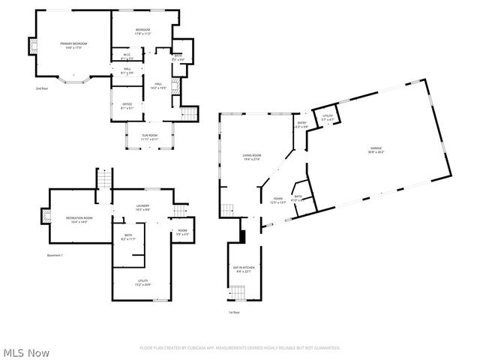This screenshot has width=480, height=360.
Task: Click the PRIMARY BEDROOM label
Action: coord(73,45)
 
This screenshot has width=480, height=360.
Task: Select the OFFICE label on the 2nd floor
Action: coord(127,106)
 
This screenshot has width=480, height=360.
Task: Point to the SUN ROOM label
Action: coord(150,138)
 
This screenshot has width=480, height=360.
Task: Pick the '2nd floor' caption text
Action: coord(41,88)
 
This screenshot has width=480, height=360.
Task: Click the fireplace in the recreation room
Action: coord(46,218)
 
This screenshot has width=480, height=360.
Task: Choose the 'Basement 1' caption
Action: coord(54,256)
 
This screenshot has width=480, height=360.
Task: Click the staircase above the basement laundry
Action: coord(106,180)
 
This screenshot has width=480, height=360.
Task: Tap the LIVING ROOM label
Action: coord(250,157)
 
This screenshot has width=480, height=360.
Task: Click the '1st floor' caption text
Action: coord(234,312)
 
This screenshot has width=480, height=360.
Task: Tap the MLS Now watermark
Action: coord(26,352)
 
